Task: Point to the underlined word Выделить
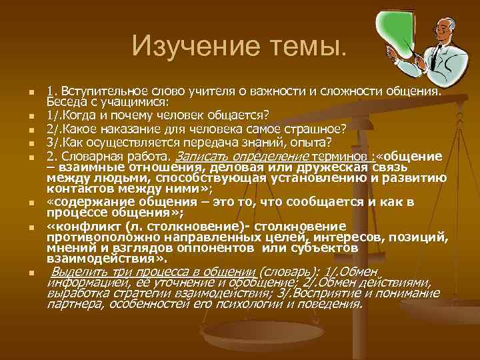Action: point(77,272)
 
